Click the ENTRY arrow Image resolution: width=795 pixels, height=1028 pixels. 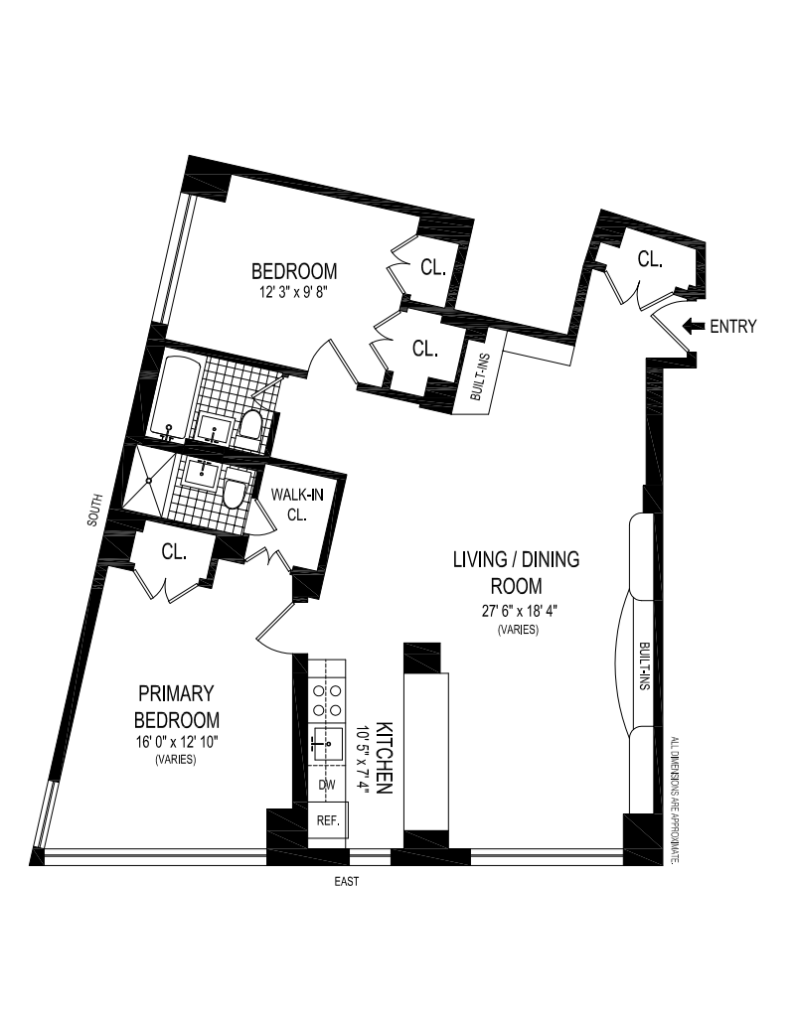693,327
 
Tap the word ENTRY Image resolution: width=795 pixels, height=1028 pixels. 733,327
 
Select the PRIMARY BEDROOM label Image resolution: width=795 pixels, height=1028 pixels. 178,705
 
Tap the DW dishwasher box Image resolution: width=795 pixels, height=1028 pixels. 327,785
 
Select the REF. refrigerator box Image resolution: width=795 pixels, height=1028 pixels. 328,820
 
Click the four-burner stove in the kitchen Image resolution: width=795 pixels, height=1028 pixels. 327,699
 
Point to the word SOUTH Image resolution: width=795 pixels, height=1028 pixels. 94,516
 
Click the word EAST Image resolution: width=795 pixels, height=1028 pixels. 347,881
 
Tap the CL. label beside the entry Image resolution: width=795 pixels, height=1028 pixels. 650,260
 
